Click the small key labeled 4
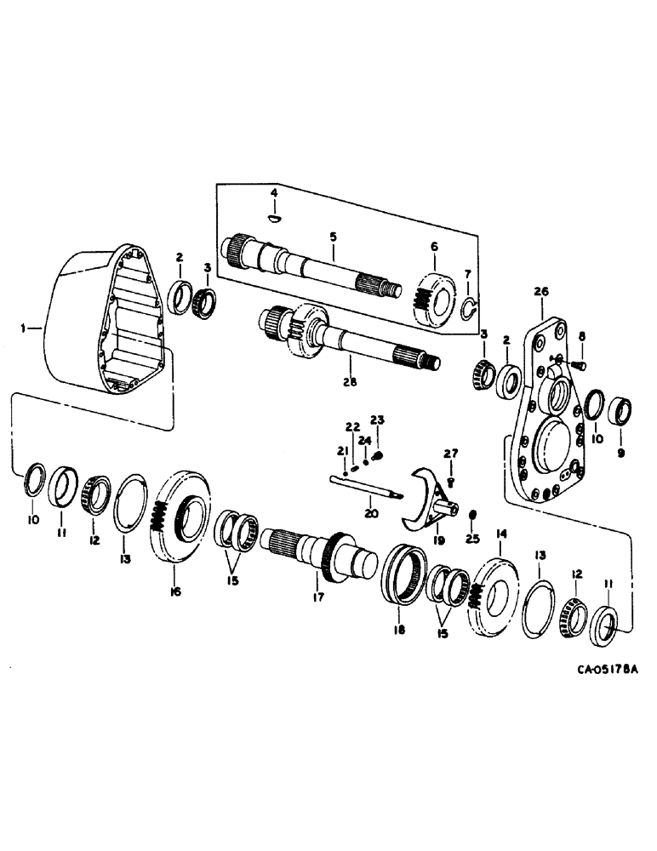click(273, 218)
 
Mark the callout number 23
click(377, 419)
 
